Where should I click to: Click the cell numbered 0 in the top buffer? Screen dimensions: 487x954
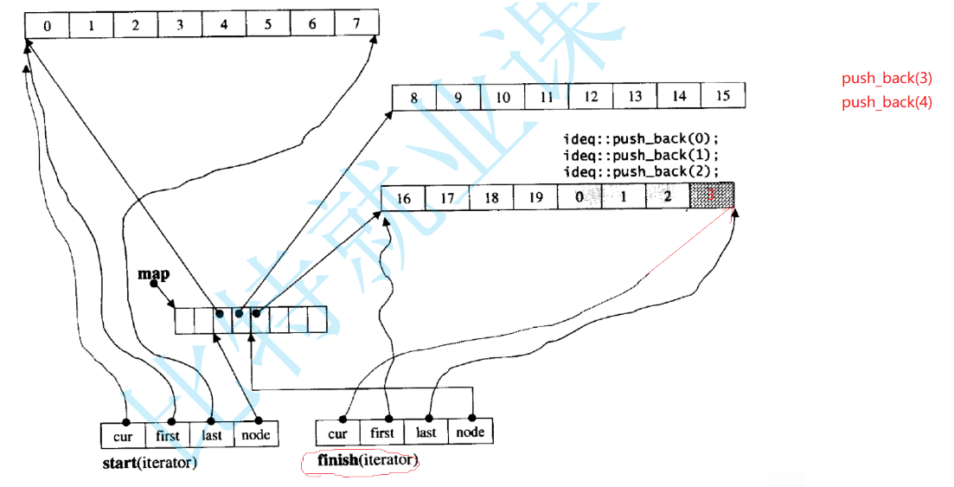[x=47, y=25]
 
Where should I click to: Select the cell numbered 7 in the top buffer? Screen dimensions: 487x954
[x=355, y=24]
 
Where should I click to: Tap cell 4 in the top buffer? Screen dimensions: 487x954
[x=224, y=25]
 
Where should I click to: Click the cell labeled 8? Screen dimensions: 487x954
[x=414, y=98]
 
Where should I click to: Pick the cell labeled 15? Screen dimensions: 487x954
[x=723, y=96]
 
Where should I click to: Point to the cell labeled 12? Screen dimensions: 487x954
[x=591, y=97]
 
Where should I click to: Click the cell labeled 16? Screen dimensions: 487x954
[x=403, y=198]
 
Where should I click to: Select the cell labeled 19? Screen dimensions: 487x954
[x=535, y=197]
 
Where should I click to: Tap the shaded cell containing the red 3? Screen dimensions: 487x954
[x=712, y=196]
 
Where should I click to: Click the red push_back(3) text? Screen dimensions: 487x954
[x=887, y=79]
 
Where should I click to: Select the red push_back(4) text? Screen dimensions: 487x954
[x=887, y=103]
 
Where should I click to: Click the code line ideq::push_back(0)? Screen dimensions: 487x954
[x=641, y=140]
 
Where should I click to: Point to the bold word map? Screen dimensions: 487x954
[x=153, y=274]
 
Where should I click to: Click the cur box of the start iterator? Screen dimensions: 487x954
[x=123, y=434]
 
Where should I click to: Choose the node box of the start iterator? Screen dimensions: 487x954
[x=256, y=434]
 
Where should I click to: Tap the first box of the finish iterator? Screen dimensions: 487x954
[x=381, y=433]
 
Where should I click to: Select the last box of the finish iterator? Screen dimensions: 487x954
[x=426, y=433]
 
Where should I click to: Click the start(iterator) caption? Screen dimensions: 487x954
[x=150, y=463]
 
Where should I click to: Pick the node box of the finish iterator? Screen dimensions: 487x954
[x=471, y=432]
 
